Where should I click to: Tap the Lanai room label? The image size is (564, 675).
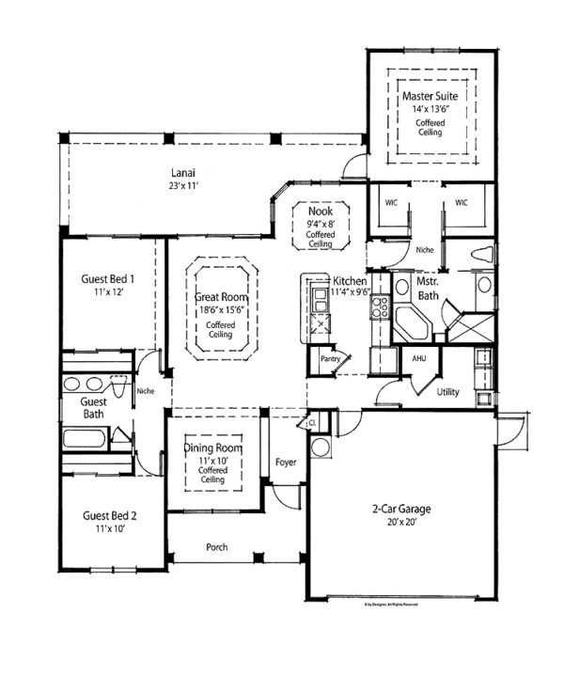tap(183, 172)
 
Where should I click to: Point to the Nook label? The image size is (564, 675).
tap(321, 212)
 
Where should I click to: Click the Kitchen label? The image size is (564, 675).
tap(350, 281)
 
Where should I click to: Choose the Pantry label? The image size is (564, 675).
tap(329, 358)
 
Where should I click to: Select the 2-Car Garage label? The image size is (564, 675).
tap(399, 509)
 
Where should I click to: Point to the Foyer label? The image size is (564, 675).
tap(286, 462)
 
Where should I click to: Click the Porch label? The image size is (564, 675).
tap(218, 547)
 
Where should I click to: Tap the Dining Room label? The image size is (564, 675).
tap(213, 448)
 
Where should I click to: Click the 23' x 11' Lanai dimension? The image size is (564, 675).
tap(183, 186)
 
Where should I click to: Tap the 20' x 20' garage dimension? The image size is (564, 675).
tap(399, 523)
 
